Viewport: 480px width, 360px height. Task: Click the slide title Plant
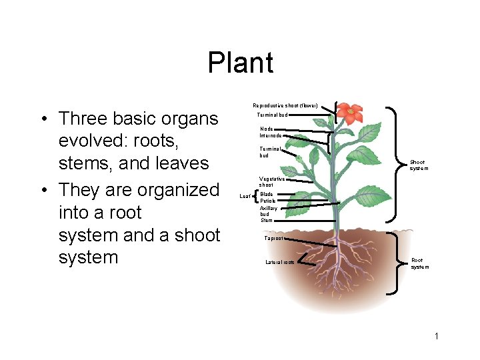[x=240, y=63]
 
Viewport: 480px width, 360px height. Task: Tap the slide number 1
[x=437, y=336]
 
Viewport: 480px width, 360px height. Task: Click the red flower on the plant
[x=349, y=113]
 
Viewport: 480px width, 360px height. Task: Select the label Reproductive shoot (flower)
[x=285, y=105]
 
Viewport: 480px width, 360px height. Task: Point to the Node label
[x=267, y=129]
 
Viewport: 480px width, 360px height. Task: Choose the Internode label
[x=271, y=135]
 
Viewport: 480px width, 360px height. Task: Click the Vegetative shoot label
[x=272, y=181]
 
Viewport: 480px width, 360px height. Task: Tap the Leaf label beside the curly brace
[x=244, y=197]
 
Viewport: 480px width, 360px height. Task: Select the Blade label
[x=267, y=194]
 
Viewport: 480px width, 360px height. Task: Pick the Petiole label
[x=268, y=201]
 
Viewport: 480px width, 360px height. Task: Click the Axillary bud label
[x=269, y=211]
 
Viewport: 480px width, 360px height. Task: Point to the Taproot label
[x=274, y=238]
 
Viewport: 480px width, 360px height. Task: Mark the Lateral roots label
[x=280, y=262]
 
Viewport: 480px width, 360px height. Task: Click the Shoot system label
[x=419, y=165]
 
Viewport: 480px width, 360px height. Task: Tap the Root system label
[x=420, y=263]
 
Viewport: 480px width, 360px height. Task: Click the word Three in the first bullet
[x=85, y=119]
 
